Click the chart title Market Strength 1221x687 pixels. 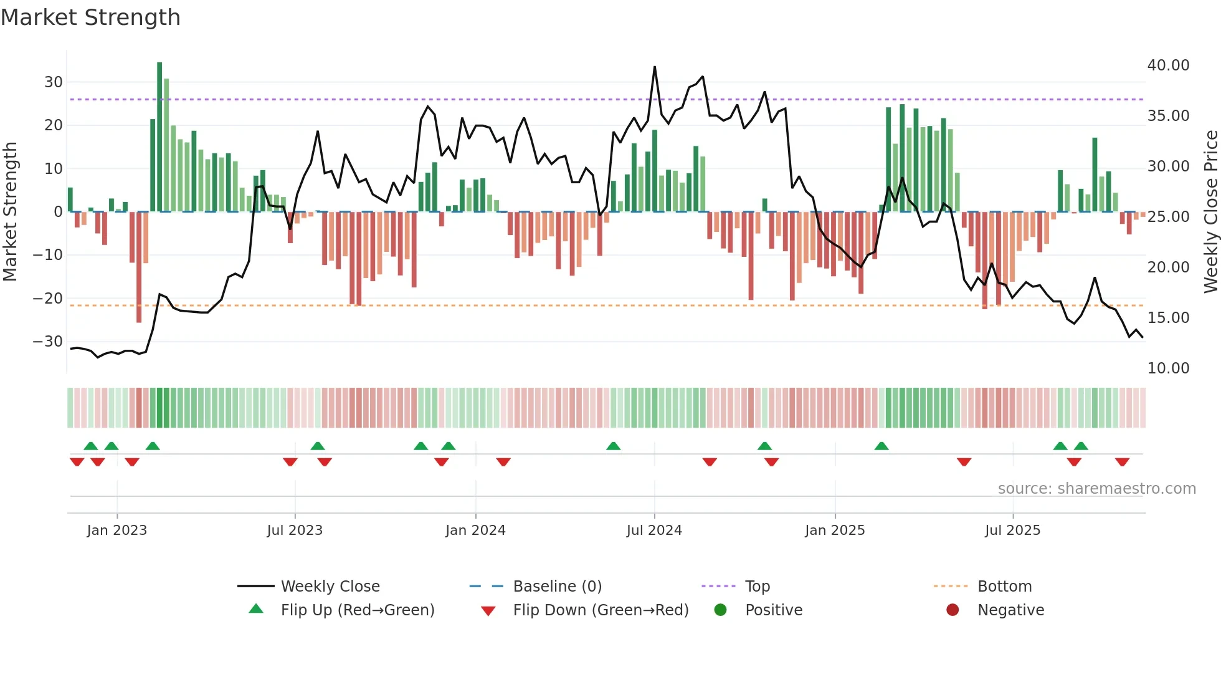[90, 17]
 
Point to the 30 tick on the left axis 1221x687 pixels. [54, 82]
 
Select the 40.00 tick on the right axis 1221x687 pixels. [1168, 65]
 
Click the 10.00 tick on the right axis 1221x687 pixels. [1168, 368]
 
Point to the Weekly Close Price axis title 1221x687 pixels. [1210, 212]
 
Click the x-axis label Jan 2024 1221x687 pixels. [475, 531]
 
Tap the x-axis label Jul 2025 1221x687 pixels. [1012, 531]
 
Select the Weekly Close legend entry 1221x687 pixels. [330, 587]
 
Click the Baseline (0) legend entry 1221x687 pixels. [557, 587]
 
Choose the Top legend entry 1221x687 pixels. [757, 587]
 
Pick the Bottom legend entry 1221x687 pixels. [1004, 587]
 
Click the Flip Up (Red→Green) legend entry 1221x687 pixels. [357, 610]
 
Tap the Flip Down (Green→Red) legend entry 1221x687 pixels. [601, 610]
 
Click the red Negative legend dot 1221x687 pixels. [953, 610]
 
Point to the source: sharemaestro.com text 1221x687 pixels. [1096, 489]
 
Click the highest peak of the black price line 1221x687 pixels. [655, 67]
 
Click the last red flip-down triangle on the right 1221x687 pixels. [1123, 462]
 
